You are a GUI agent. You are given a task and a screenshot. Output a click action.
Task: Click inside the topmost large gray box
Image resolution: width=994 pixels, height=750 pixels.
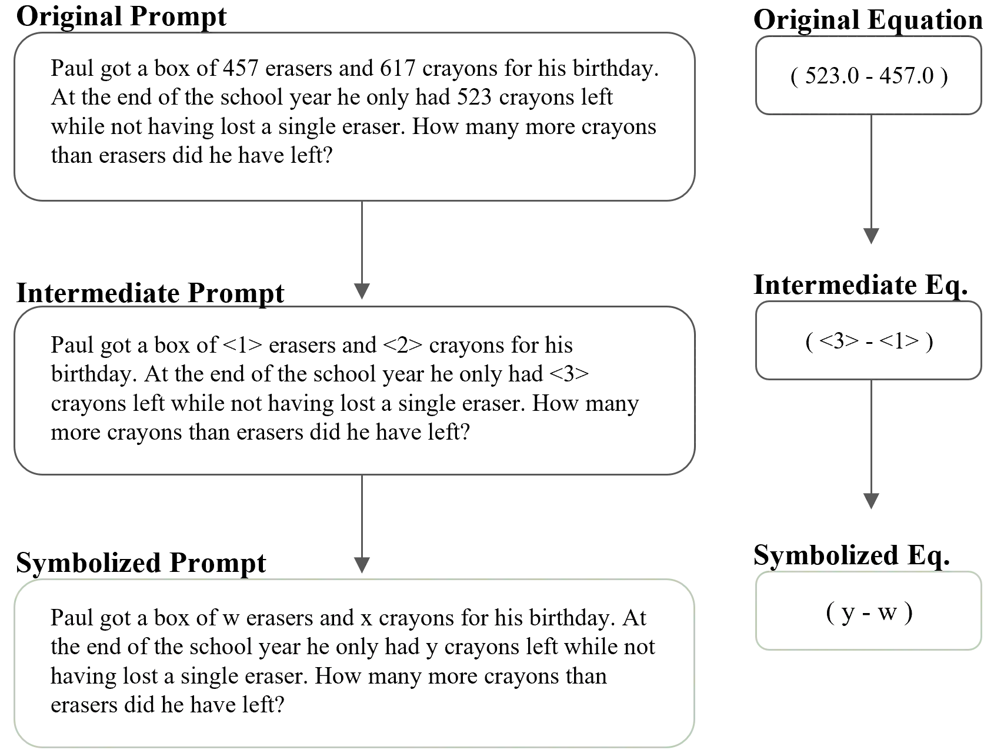[353, 116]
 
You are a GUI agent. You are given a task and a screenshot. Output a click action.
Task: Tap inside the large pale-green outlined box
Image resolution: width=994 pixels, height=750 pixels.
[353, 664]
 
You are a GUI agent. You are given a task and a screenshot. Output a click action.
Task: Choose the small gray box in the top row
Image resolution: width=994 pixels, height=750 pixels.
[868, 75]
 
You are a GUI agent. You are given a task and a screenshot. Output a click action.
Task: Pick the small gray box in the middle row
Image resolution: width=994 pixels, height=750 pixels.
[868, 339]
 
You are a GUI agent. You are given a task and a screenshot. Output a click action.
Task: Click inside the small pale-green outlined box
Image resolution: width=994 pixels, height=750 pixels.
[868, 611]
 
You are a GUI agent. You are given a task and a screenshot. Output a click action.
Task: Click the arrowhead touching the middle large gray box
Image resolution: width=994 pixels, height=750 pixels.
[362, 291]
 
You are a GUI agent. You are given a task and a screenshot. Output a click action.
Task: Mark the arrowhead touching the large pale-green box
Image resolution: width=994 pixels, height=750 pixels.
[362, 564]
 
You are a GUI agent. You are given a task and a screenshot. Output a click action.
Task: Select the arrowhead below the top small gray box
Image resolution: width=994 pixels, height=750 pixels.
[871, 235]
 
